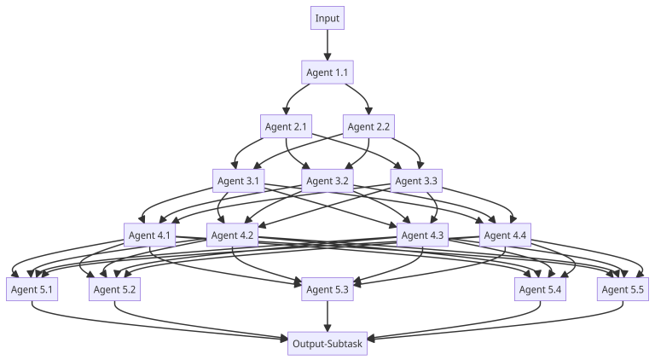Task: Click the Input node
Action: click(x=327, y=18)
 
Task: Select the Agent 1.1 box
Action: click(x=327, y=73)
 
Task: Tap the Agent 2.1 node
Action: click(x=286, y=127)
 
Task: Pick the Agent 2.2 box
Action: click(x=368, y=127)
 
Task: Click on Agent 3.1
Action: click(x=238, y=181)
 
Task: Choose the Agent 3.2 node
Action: click(x=327, y=181)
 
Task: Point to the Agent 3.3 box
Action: click(x=416, y=181)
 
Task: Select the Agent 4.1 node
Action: click(x=149, y=235)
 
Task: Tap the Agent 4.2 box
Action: click(x=232, y=235)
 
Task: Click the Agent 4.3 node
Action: click(x=422, y=235)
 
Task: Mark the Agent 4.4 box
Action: click(x=505, y=235)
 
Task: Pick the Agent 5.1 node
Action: click(x=32, y=290)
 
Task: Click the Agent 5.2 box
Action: click(x=115, y=290)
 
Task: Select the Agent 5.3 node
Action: click(x=327, y=290)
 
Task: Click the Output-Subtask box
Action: click(x=327, y=344)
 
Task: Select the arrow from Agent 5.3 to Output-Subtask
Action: click(x=327, y=316)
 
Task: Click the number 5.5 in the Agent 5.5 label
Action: click(x=636, y=290)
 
